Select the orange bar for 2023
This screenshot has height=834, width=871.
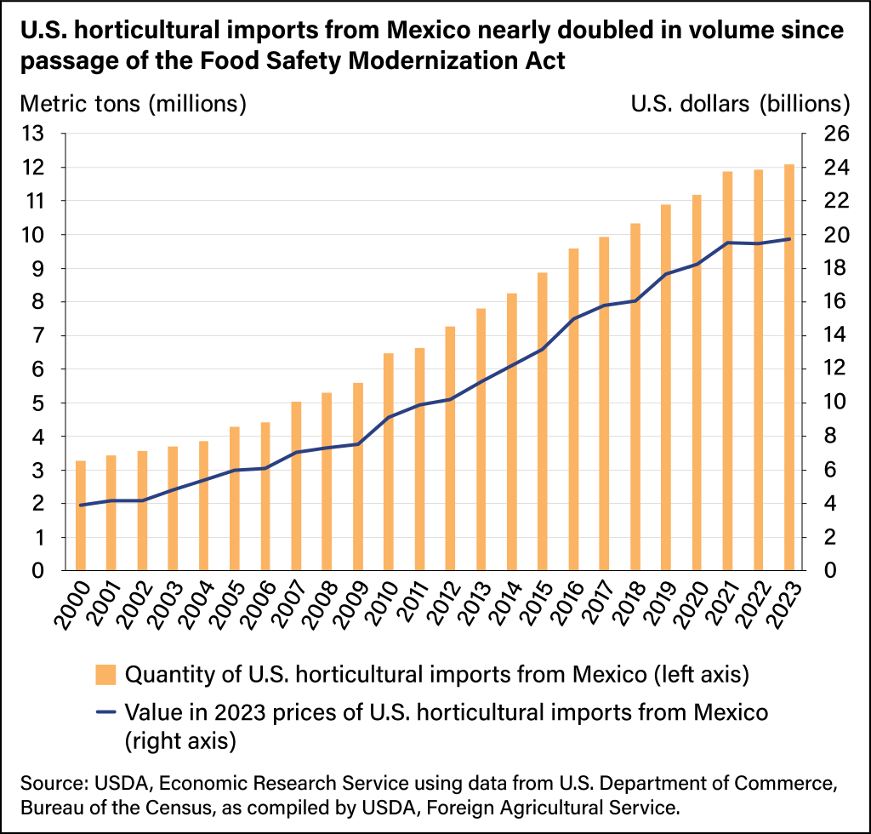pos(789,367)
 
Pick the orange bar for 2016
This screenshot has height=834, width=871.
pos(573,409)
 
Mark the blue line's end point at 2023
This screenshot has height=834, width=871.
pos(789,239)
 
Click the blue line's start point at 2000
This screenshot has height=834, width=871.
pos(81,506)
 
